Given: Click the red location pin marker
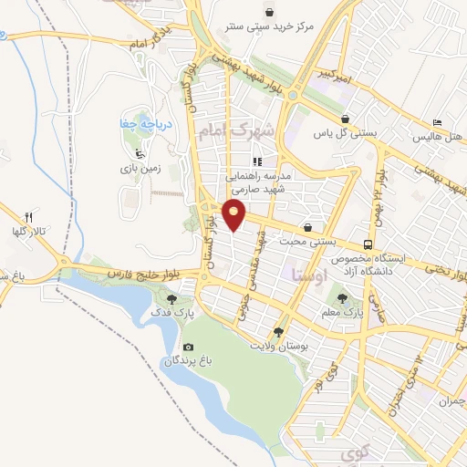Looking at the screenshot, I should pyautogui.click(x=235, y=216).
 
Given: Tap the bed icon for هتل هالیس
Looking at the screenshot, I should pyautogui.click(x=438, y=122).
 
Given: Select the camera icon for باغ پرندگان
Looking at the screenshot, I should pyautogui.click(x=189, y=347).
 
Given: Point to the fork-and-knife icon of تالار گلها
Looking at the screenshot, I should pyautogui.click(x=28, y=217).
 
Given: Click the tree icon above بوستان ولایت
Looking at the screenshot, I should pyautogui.click(x=278, y=332).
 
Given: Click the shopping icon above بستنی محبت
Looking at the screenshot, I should pyautogui.click(x=307, y=227).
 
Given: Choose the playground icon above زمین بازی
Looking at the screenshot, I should pyautogui.click(x=138, y=153).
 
